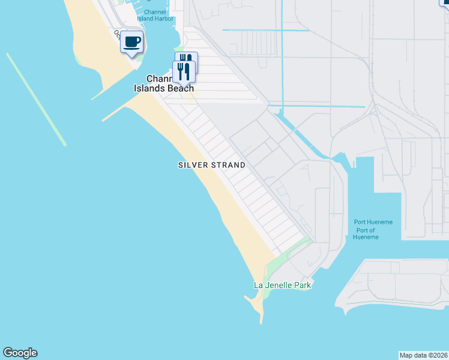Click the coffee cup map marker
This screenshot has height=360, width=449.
(x=131, y=43)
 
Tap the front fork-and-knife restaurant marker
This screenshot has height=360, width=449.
(x=184, y=72)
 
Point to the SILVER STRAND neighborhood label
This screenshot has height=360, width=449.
(x=212, y=165)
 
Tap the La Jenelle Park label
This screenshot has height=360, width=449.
(x=283, y=285)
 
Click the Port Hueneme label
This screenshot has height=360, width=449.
(x=373, y=223)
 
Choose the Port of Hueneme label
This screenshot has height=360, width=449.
(x=366, y=234)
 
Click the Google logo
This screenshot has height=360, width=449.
(x=20, y=353)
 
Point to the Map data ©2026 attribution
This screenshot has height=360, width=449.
(x=424, y=355)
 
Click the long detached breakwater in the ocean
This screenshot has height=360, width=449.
(x=36, y=99)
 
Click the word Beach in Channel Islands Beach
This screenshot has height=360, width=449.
(x=179, y=88)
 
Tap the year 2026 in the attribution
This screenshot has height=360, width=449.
(x=439, y=355)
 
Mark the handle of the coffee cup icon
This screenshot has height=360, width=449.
(x=139, y=41)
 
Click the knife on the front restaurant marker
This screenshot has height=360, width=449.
(x=187, y=71)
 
